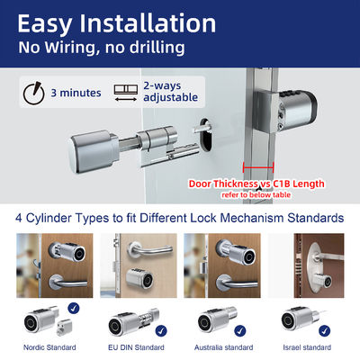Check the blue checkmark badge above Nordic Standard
point(72,308)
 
